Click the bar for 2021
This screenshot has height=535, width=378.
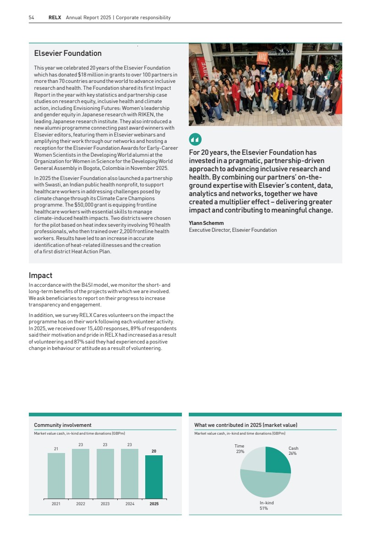[56, 475]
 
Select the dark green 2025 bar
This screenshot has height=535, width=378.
[154, 476]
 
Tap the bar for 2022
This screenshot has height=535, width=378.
[81, 474]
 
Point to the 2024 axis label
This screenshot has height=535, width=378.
[130, 504]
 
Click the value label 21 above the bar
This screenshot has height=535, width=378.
[56, 449]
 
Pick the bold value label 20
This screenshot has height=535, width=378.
[154, 451]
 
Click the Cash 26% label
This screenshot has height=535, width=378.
[293, 451]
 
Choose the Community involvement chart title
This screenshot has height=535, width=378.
[63, 425]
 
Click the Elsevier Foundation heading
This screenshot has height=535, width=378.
[68, 54]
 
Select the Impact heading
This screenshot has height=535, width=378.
[40, 275]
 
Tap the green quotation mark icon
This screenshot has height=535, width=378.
[195, 140]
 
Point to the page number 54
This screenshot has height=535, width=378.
[32, 17]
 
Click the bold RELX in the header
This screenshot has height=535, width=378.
[55, 17]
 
